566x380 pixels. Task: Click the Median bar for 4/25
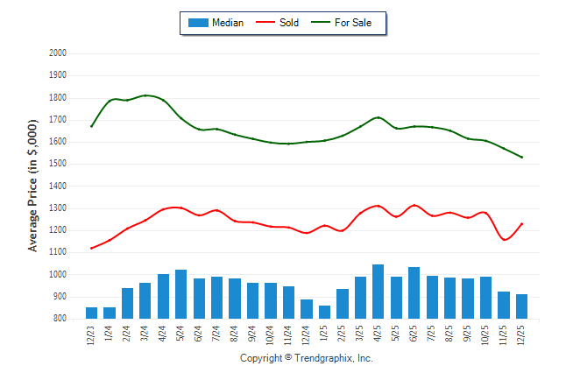[378, 292]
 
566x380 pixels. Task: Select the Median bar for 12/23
[91, 313]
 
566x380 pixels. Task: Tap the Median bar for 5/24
[180, 294]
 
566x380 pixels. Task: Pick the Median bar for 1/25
[324, 313]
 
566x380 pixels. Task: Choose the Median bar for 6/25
[414, 293]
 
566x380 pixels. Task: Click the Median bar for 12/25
[521, 306]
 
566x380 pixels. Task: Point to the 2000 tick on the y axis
[58, 53]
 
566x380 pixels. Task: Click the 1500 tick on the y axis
[58, 164]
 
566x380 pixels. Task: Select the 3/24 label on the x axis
[145, 334]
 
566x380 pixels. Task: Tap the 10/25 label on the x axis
[485, 335]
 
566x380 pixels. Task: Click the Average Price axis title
[33, 186]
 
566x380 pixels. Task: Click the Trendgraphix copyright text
[306, 359]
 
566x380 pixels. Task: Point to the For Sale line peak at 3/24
[145, 95]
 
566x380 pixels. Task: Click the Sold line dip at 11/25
[505, 240]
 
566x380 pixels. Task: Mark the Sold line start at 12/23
[91, 249]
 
